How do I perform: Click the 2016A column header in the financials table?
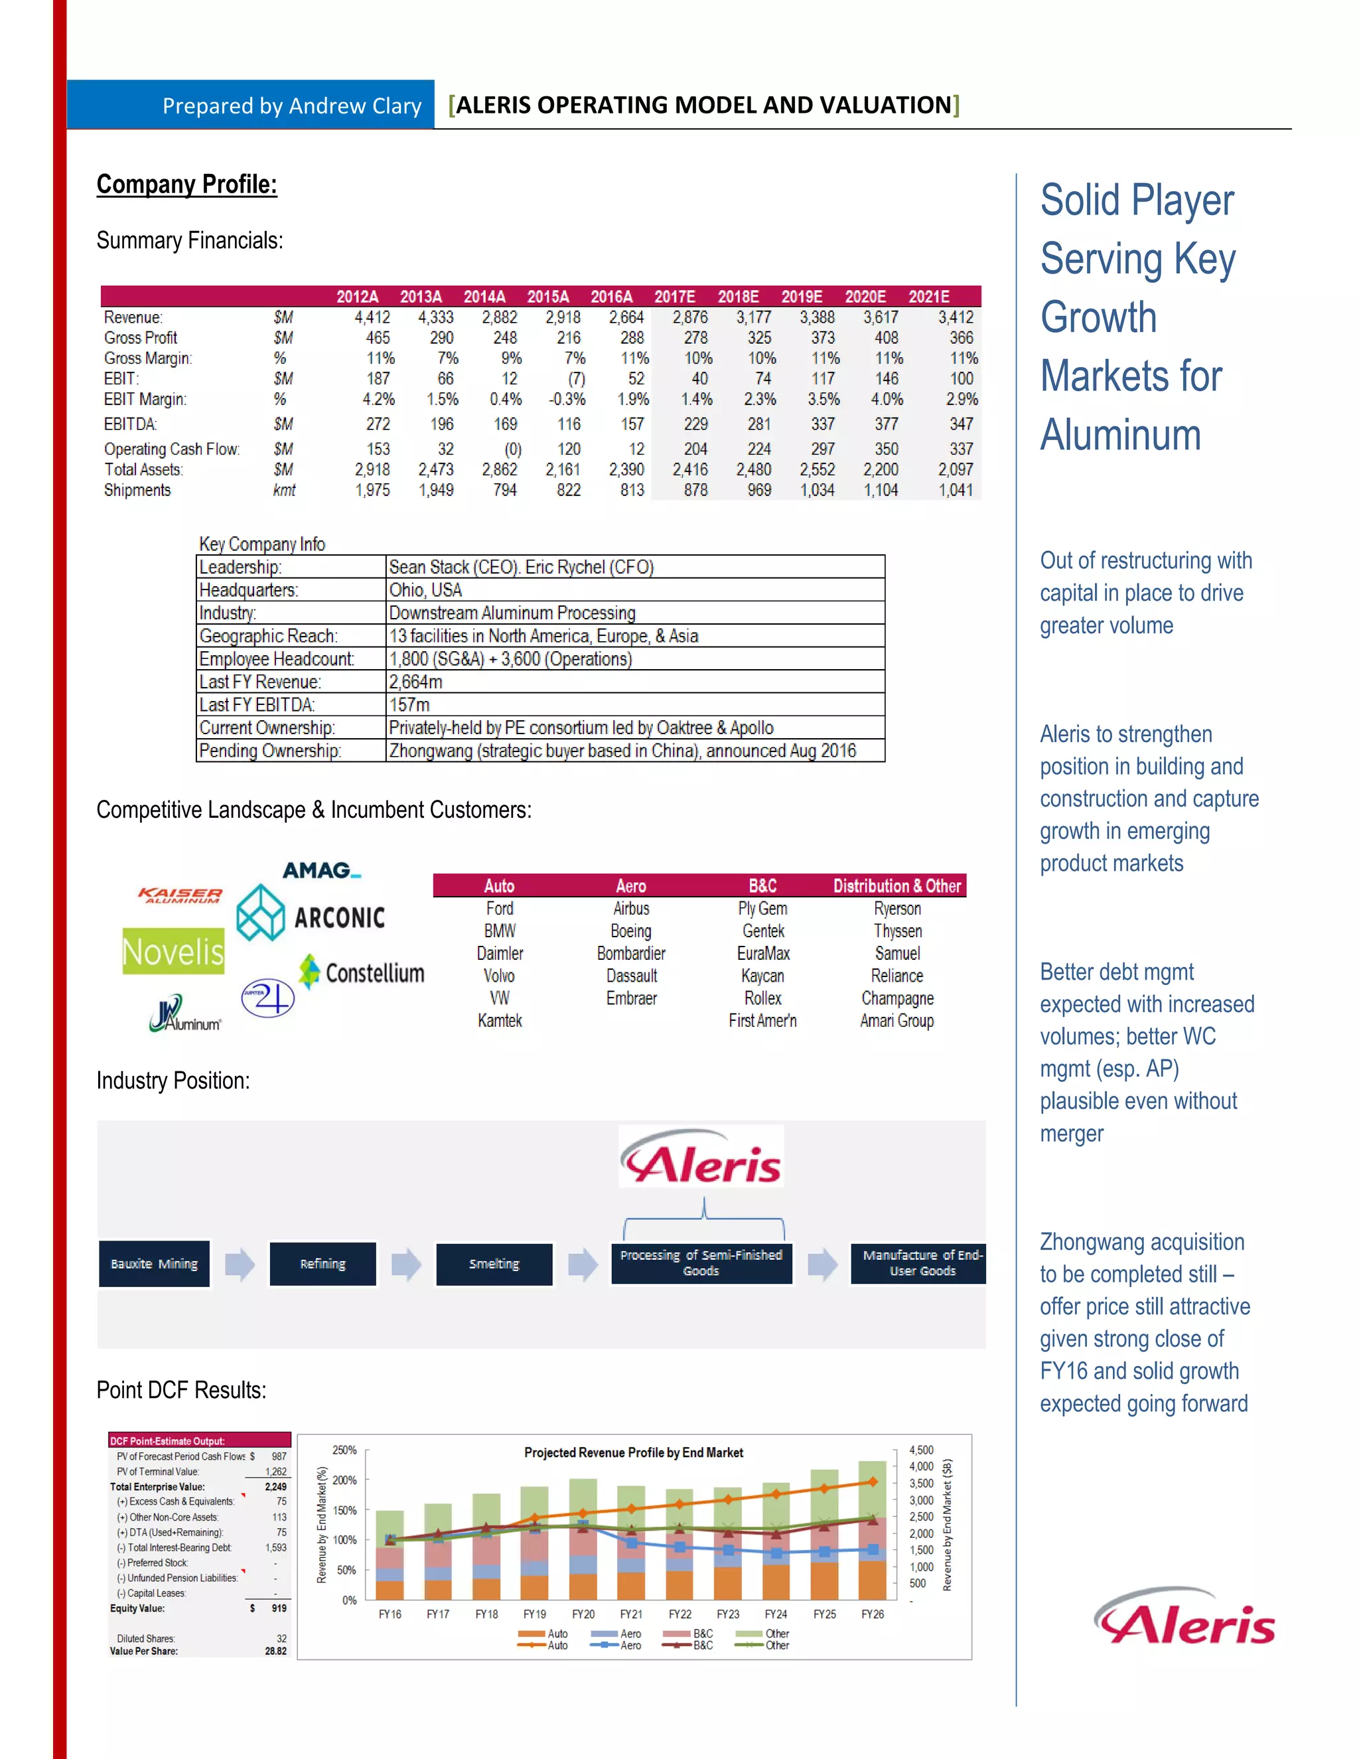pos(611,297)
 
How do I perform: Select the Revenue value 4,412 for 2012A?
pos(372,317)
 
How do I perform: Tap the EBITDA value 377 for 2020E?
pos(886,423)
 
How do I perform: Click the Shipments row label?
pos(137,491)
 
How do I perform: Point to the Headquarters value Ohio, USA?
pos(425,590)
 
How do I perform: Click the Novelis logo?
pos(173,952)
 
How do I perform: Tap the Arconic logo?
pos(311,915)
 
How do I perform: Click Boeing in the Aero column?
pos(630,931)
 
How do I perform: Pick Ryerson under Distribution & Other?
pos(897,909)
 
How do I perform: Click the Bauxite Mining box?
pos(154,1264)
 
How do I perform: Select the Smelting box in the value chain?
pos(494,1264)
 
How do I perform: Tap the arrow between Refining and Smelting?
pos(405,1264)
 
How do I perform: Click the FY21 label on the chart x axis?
pos(630,1614)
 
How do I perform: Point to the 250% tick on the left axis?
pos(344,1450)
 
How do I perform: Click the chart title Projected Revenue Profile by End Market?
pos(633,1452)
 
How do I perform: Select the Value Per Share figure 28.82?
pos(275,1651)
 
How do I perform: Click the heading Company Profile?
pos(186,185)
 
